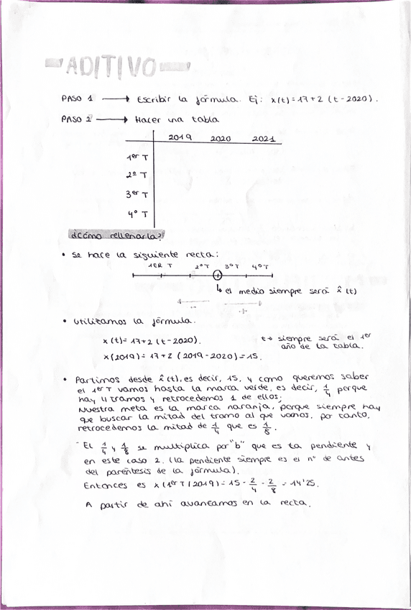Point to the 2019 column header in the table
[x=180, y=137]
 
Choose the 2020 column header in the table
[x=221, y=137]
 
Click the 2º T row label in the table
[x=137, y=175]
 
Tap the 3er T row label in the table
[x=137, y=194]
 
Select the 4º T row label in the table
[x=137, y=214]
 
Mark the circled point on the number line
[x=218, y=276]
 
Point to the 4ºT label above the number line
[x=260, y=266]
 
